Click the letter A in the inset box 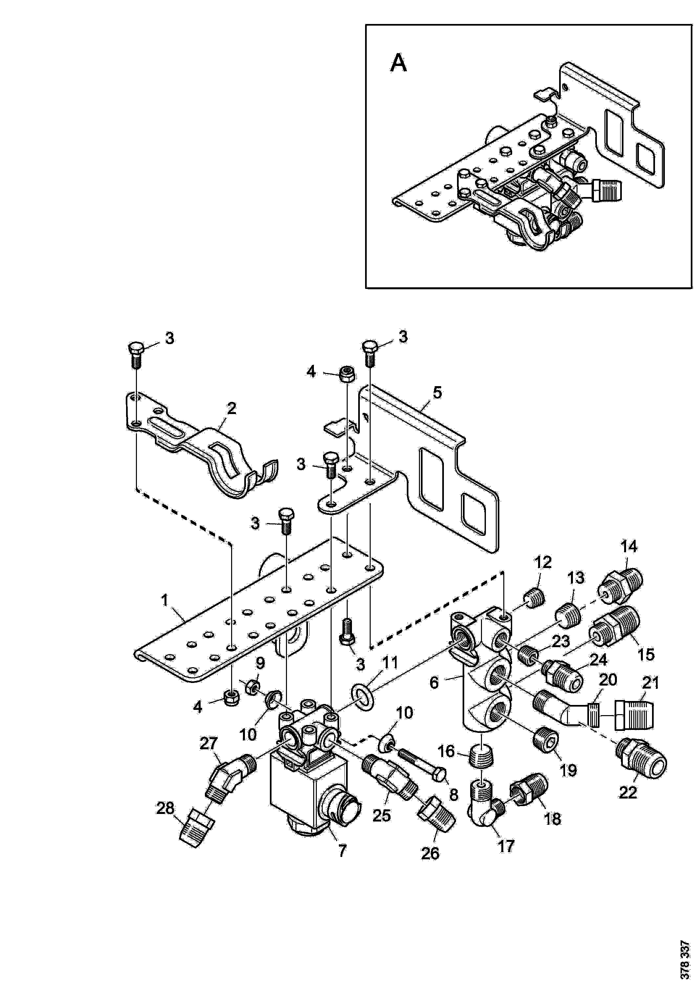point(399,64)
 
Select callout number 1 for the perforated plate point(165,600)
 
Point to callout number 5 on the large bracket point(437,392)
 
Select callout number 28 point(165,809)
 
